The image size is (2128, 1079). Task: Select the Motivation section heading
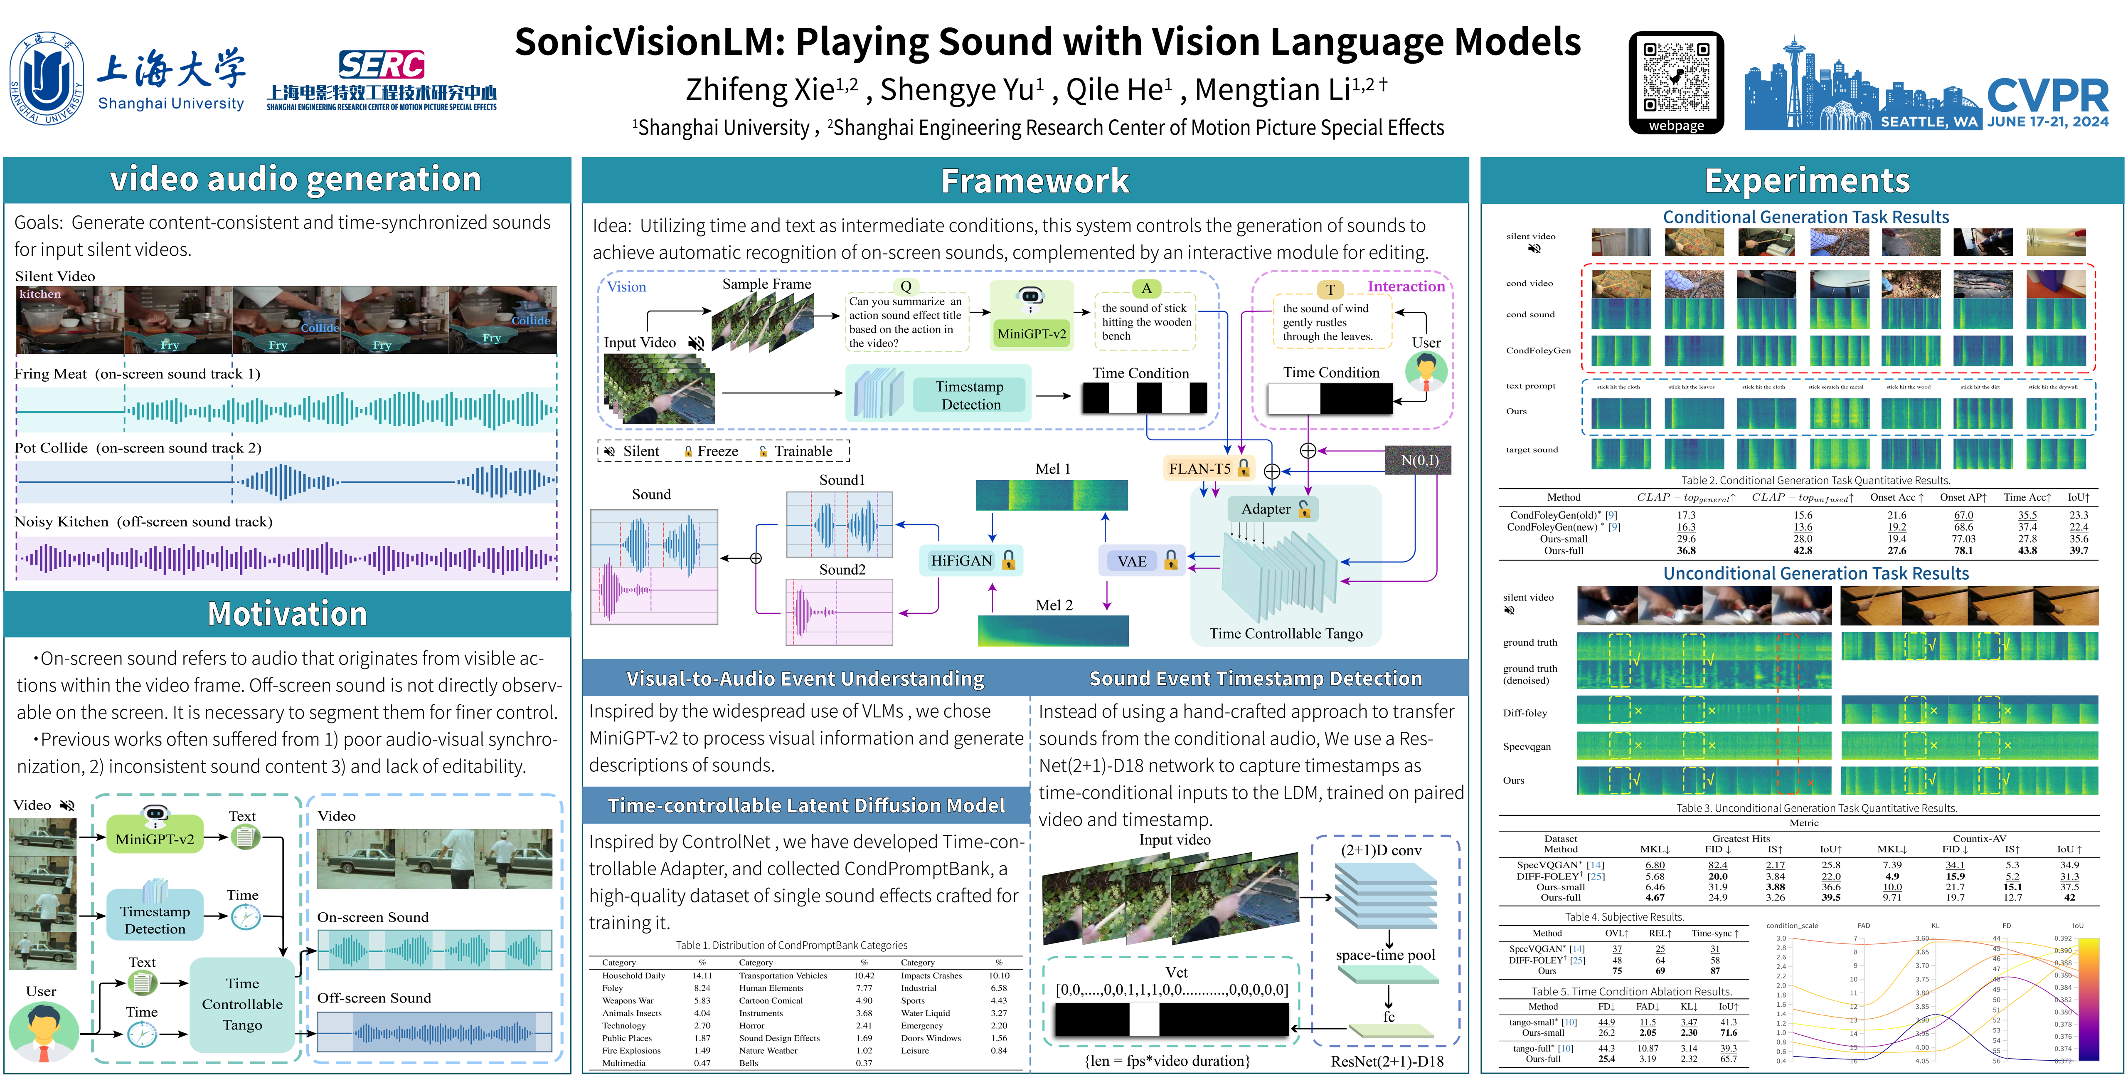coord(287,614)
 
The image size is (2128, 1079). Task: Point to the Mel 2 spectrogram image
coord(1053,631)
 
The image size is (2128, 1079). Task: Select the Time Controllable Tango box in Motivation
coord(242,1004)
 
